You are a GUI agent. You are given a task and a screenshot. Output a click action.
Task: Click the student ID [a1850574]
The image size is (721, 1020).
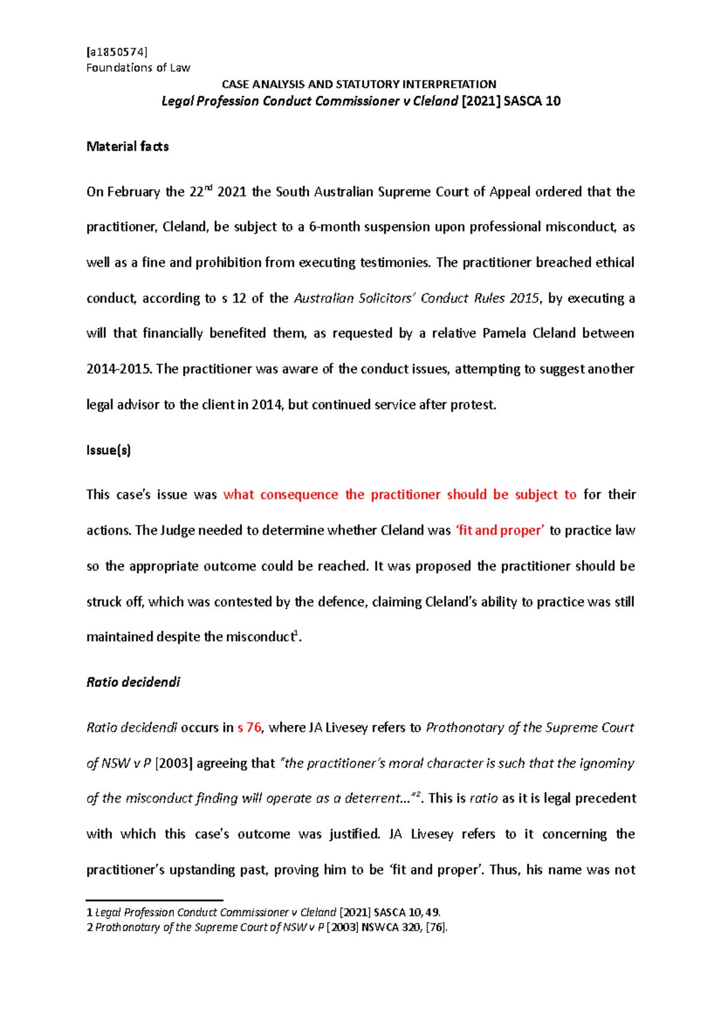pyautogui.click(x=117, y=52)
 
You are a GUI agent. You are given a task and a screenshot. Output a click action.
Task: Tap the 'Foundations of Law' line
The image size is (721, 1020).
pyautogui.click(x=138, y=68)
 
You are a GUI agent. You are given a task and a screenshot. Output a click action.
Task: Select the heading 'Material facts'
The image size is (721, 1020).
pyautogui.click(x=127, y=147)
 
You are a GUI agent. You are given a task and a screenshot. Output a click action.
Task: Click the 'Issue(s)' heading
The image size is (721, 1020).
pyautogui.click(x=108, y=450)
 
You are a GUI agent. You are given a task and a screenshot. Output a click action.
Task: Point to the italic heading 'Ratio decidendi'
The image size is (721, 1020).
pyautogui.click(x=133, y=682)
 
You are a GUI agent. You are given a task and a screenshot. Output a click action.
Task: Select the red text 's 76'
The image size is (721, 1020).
pyautogui.click(x=249, y=727)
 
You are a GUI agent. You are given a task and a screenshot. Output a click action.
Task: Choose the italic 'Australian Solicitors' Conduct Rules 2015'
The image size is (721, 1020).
pyautogui.click(x=416, y=299)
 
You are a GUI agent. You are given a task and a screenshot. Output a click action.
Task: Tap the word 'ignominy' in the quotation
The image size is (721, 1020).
pyautogui.click(x=607, y=763)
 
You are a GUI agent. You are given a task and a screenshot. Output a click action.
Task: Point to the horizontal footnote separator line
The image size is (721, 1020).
pyautogui.click(x=154, y=900)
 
